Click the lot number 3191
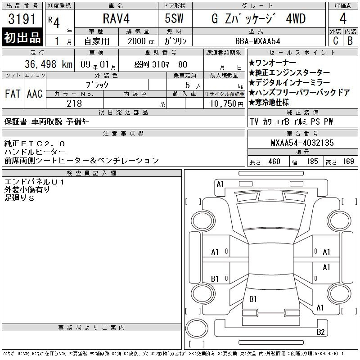[22, 19]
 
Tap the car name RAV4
[116, 18]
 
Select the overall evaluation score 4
[343, 18]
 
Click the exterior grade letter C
[335, 41]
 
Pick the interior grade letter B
[350, 41]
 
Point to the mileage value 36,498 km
[49, 64]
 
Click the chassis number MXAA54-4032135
[302, 143]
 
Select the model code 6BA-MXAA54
[257, 41]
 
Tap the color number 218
[74, 103]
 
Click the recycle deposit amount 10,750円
[226, 103]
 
